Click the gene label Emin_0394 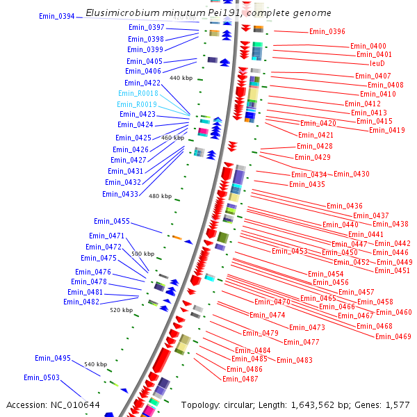[x=57, y=16]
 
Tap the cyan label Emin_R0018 [x=138, y=93]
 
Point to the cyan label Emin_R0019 [x=138, y=104]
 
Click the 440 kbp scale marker [x=180, y=79]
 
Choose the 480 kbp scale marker [x=160, y=196]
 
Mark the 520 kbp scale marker [x=121, y=310]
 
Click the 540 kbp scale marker [x=95, y=364]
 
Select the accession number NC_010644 [x=77, y=404]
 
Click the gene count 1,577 [x=398, y=404]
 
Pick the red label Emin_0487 [x=240, y=379]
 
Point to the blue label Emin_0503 [x=42, y=377]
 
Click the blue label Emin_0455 [x=112, y=221]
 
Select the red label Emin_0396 [x=327, y=31]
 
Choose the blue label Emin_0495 [x=53, y=358]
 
